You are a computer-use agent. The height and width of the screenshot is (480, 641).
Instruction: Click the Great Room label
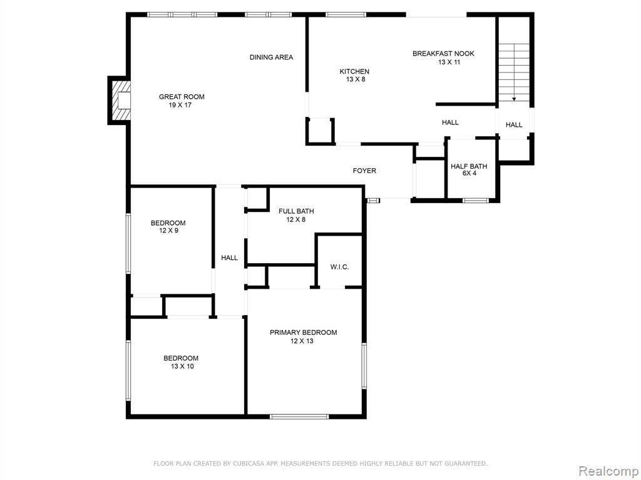182,97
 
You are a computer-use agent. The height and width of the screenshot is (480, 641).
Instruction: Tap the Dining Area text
272,57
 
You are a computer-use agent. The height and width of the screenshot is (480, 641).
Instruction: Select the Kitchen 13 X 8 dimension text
356,79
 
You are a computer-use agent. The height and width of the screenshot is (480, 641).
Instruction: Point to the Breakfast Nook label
443,54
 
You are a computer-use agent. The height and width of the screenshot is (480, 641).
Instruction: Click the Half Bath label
469,166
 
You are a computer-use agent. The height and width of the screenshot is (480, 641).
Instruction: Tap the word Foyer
364,171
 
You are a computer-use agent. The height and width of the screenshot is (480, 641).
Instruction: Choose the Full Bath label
296,211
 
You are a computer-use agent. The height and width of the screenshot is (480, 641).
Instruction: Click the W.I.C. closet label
340,267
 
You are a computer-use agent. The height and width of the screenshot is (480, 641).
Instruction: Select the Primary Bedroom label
304,332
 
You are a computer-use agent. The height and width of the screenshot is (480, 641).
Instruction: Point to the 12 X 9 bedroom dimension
168,231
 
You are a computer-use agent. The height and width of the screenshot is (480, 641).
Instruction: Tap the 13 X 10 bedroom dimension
182,366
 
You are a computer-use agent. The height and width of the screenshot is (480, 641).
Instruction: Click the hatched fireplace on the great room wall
119,100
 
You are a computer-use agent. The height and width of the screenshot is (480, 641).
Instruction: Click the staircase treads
514,74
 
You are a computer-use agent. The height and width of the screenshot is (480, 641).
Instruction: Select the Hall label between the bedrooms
229,257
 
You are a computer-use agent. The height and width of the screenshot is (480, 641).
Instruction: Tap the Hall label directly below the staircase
514,125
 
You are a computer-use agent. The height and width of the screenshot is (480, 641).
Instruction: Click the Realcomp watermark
608,471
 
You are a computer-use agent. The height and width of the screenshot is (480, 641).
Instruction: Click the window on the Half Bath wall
476,201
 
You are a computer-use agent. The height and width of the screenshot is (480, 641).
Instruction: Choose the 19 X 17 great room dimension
180,105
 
